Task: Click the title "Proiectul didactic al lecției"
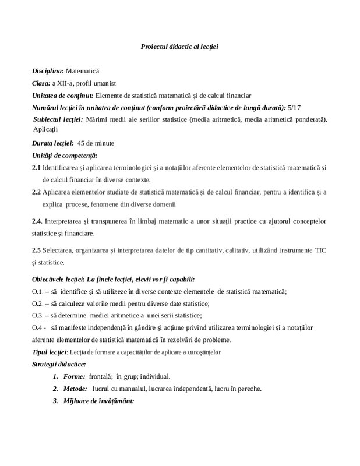[x=180, y=46]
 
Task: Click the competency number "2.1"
[x=36, y=168]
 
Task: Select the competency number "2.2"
[x=36, y=192]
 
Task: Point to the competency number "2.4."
[x=37, y=221]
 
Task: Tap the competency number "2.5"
[x=36, y=250]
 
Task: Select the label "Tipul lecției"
[x=50, y=352]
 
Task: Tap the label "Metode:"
[x=75, y=389]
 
